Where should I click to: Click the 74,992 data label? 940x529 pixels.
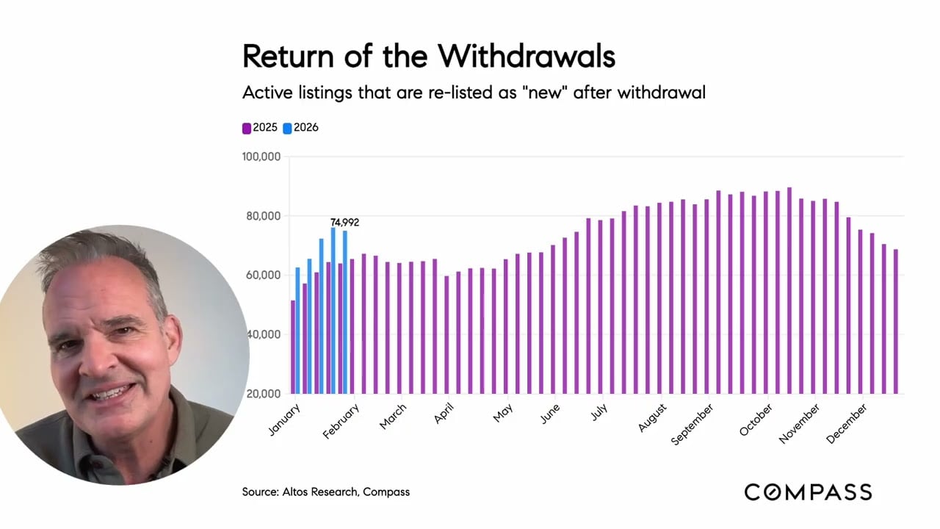tap(344, 223)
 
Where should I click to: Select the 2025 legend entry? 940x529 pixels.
tap(260, 128)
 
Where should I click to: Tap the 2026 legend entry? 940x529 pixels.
tap(301, 128)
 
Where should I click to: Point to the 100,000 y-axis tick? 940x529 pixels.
tap(261, 156)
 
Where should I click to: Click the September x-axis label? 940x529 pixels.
tap(693, 424)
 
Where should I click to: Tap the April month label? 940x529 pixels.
tap(444, 413)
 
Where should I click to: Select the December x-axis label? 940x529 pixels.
tap(847, 423)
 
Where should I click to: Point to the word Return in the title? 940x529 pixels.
tap(286, 56)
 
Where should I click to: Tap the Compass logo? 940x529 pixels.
tap(808, 492)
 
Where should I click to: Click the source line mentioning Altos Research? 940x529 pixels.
tap(326, 492)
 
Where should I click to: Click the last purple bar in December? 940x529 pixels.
tap(895, 321)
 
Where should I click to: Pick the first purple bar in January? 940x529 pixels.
tap(293, 347)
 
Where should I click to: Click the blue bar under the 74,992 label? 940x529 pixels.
tap(345, 312)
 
